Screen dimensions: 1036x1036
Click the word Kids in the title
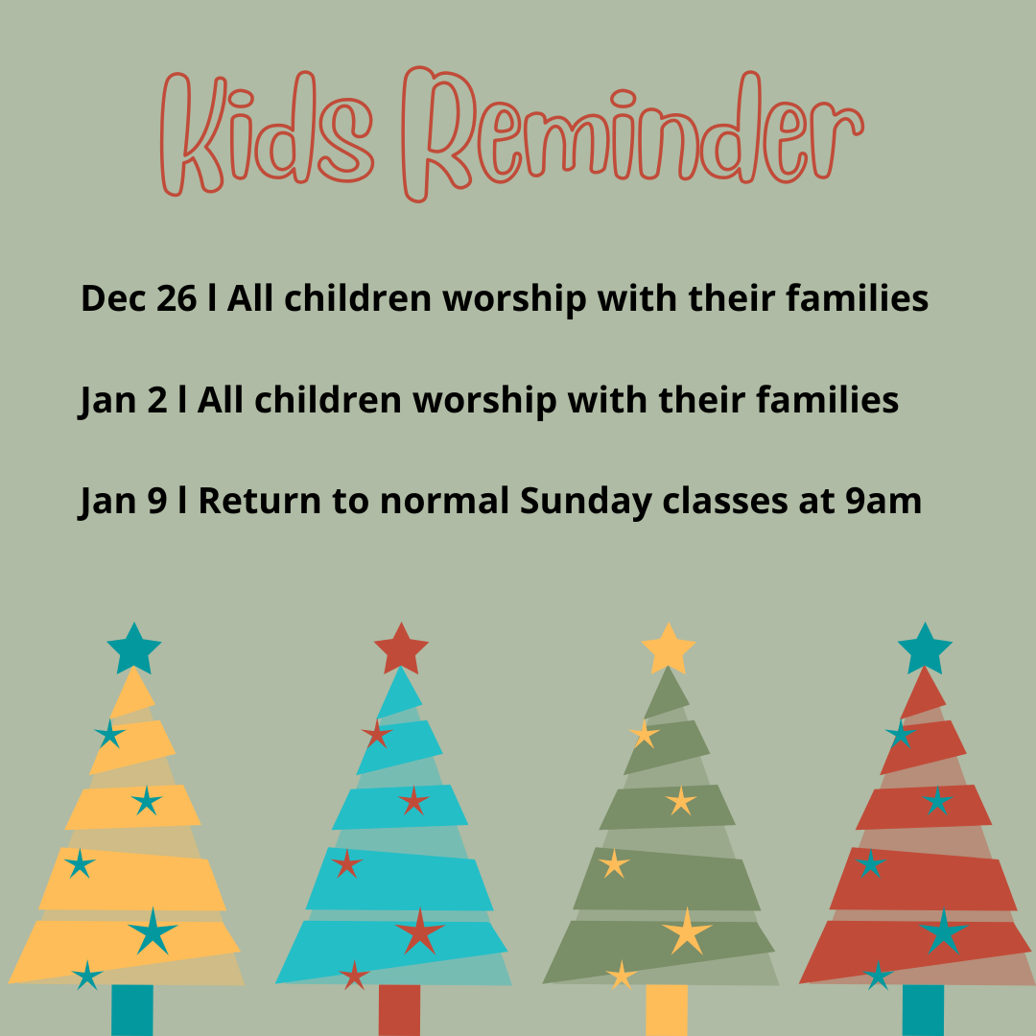[267, 133]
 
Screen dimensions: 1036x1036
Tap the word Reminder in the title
[632, 133]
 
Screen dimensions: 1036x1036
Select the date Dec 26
[139, 298]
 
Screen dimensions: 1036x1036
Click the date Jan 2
[123, 401]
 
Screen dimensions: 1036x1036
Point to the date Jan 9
[123, 502]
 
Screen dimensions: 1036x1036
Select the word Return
[260, 501]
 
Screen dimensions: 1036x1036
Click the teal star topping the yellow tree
[134, 648]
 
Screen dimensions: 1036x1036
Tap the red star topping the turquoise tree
[401, 648]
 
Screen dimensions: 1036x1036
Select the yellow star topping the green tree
[669, 648]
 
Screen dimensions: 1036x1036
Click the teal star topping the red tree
[925, 648]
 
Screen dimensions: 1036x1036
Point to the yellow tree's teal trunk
[132, 1010]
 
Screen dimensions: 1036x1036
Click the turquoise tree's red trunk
[399, 1010]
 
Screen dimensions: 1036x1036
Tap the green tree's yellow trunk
[667, 1010]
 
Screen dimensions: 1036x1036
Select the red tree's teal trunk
[923, 1010]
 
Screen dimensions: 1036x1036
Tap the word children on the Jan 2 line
[328, 400]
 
